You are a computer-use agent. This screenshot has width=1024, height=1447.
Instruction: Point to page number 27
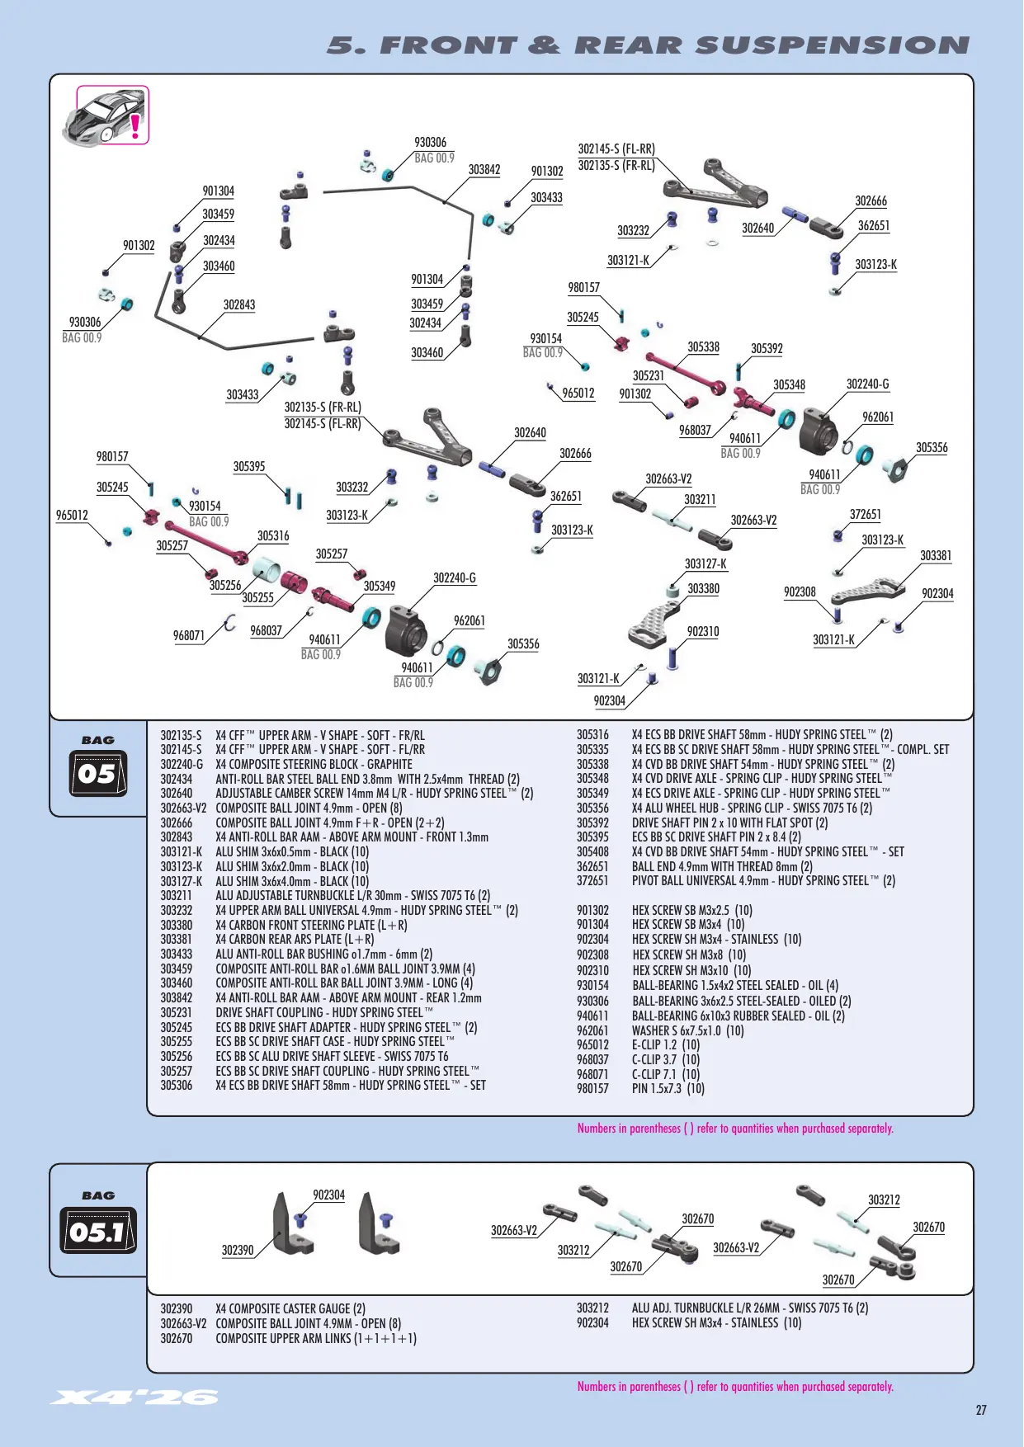(981, 1410)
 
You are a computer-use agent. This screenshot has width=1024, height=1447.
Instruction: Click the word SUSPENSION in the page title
(833, 45)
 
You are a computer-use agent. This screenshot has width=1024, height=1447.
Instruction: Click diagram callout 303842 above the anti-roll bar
(484, 170)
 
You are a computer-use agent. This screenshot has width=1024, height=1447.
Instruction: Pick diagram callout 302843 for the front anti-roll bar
(239, 305)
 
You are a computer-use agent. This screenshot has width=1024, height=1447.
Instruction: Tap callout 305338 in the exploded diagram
(703, 347)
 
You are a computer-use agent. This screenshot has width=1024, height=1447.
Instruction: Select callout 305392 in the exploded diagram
(767, 349)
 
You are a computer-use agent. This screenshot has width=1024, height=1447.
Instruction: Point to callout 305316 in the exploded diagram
(273, 536)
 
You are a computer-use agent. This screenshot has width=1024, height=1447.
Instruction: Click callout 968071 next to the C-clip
(189, 635)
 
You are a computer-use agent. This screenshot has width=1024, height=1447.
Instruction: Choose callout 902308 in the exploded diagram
(800, 592)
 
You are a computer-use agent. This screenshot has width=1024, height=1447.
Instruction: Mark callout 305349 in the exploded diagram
(380, 587)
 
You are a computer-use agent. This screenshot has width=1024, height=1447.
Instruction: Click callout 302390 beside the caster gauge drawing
(238, 1251)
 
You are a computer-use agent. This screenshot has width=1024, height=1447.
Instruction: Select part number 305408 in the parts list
(592, 852)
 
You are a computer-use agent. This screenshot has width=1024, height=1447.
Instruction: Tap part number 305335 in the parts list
(592, 750)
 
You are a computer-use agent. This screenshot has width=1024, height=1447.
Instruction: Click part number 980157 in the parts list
(592, 1089)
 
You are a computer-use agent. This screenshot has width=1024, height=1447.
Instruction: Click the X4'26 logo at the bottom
(134, 1398)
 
